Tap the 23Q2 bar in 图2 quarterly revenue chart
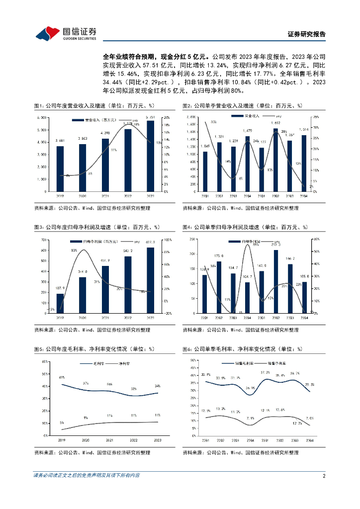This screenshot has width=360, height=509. [x=275, y=160]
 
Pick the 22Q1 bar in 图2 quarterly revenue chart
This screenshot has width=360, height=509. [x=205, y=171]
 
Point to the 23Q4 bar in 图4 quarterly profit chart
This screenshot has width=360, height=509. [x=305, y=297]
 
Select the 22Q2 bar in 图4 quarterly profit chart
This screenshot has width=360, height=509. [x=219, y=287]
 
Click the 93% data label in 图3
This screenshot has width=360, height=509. [x=74, y=251]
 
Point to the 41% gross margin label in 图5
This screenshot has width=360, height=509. [x=62, y=378]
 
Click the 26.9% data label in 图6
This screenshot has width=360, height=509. [x=250, y=388]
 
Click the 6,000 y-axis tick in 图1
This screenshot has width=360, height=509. [x=43, y=117]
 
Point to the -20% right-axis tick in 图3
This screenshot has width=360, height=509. [x=169, y=313]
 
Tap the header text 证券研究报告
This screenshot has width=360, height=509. [x=307, y=34]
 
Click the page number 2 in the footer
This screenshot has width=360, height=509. [x=324, y=476]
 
